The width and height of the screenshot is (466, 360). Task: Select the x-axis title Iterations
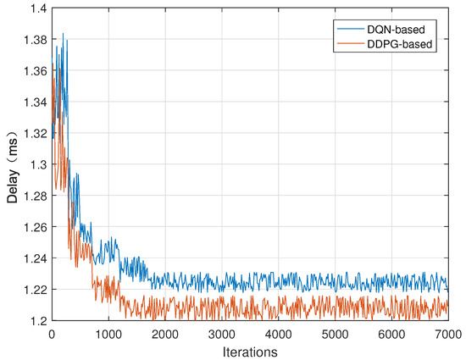(x=250, y=349)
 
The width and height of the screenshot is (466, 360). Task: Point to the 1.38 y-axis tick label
(x=34, y=39)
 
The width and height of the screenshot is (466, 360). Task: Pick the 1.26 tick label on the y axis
(x=34, y=226)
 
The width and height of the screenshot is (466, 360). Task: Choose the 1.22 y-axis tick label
(x=34, y=289)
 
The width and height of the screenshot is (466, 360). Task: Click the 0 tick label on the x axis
(x=52, y=332)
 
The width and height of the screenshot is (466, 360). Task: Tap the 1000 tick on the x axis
(x=108, y=332)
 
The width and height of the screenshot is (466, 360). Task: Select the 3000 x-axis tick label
(x=221, y=332)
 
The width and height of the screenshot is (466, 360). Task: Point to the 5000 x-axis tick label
(x=335, y=332)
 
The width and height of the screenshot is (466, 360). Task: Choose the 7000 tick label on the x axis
(x=447, y=332)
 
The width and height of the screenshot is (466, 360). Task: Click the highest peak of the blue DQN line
(x=63, y=34)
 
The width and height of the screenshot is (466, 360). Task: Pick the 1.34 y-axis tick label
(x=34, y=102)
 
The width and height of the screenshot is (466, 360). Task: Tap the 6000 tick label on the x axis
(x=391, y=332)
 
